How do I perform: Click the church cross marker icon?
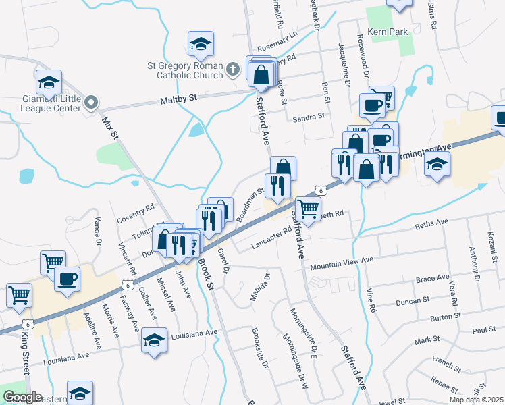[232, 69]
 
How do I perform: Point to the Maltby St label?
[178, 99]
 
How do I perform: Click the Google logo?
[22, 397]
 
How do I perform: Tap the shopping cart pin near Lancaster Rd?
[308, 209]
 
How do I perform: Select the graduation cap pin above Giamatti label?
[49, 82]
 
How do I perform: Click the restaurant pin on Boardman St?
[277, 184]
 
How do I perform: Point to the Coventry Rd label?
[135, 213]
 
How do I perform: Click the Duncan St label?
[413, 299]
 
